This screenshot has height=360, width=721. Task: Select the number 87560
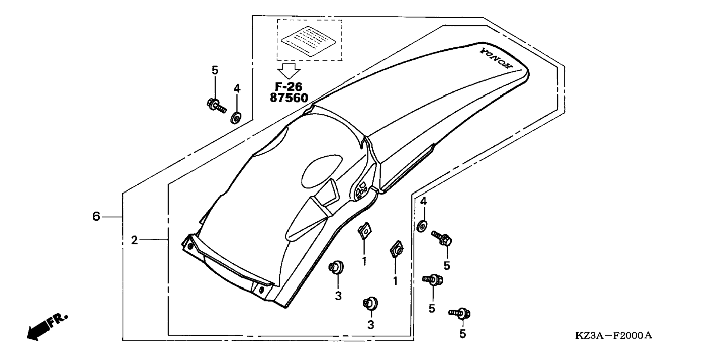click(289, 98)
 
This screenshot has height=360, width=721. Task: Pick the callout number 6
click(96, 216)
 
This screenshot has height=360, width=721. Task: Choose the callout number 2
click(134, 240)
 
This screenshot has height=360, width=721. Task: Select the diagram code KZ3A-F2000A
click(614, 335)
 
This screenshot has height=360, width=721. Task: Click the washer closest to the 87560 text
click(236, 117)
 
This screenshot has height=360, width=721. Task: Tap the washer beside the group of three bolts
click(422, 226)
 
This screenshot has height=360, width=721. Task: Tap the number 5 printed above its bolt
click(215, 70)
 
